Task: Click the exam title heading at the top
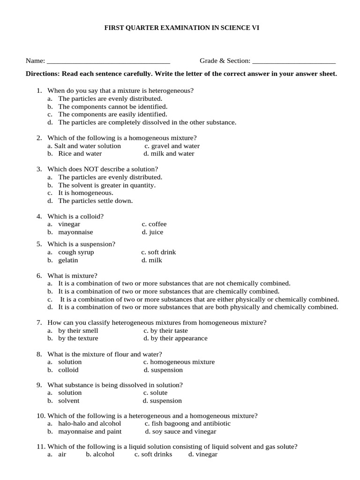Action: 181,28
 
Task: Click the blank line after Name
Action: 108,61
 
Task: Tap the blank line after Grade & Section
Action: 293,61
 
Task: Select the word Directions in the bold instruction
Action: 42,74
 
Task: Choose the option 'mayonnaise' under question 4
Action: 75,232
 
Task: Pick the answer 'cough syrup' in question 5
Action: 76,252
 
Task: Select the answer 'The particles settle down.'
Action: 95,201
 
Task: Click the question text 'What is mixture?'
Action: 72,276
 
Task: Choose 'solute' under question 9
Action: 158,393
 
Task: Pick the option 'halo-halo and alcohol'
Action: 90,424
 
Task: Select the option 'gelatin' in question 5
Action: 68,260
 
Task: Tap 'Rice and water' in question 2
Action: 80,154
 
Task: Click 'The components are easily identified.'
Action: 112,114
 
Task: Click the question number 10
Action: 40,416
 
